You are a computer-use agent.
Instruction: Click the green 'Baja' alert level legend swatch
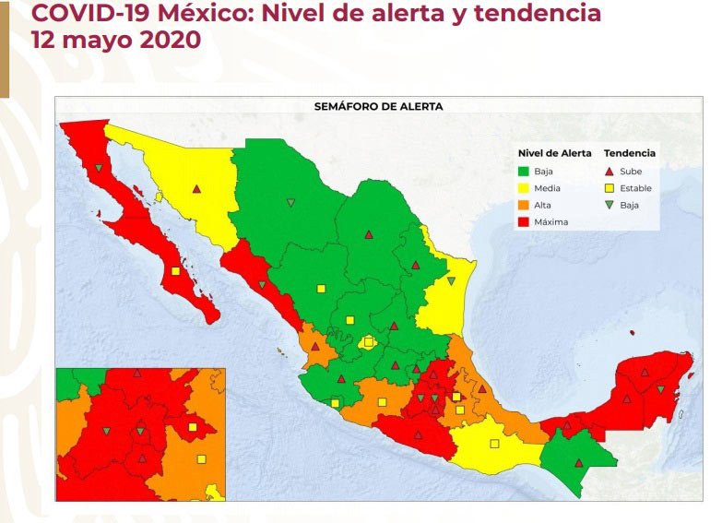click(x=524, y=171)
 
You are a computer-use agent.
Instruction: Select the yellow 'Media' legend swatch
click(x=524, y=188)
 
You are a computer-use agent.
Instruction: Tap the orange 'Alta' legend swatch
click(x=524, y=205)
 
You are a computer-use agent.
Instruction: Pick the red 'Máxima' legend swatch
click(x=524, y=222)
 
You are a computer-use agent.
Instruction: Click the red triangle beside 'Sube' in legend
click(x=610, y=171)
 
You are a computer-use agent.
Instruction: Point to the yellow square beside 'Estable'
click(x=610, y=188)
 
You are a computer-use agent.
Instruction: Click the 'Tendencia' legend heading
click(x=629, y=153)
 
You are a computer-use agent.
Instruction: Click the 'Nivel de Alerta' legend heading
click(x=554, y=153)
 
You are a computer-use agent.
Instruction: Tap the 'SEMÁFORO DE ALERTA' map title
click(x=378, y=106)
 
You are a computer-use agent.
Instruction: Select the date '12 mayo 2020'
click(x=115, y=41)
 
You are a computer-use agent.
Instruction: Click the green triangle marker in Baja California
click(x=99, y=168)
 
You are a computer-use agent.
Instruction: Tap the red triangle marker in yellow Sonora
click(x=196, y=189)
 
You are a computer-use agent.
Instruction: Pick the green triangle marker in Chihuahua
click(x=291, y=203)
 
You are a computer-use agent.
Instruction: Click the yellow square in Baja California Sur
click(x=175, y=270)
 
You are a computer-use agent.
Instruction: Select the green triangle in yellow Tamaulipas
click(x=451, y=280)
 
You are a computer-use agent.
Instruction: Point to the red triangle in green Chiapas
click(x=579, y=462)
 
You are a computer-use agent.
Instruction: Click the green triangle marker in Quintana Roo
click(x=660, y=389)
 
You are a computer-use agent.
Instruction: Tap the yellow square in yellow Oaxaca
click(x=494, y=443)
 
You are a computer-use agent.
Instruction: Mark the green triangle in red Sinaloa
click(x=262, y=285)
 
